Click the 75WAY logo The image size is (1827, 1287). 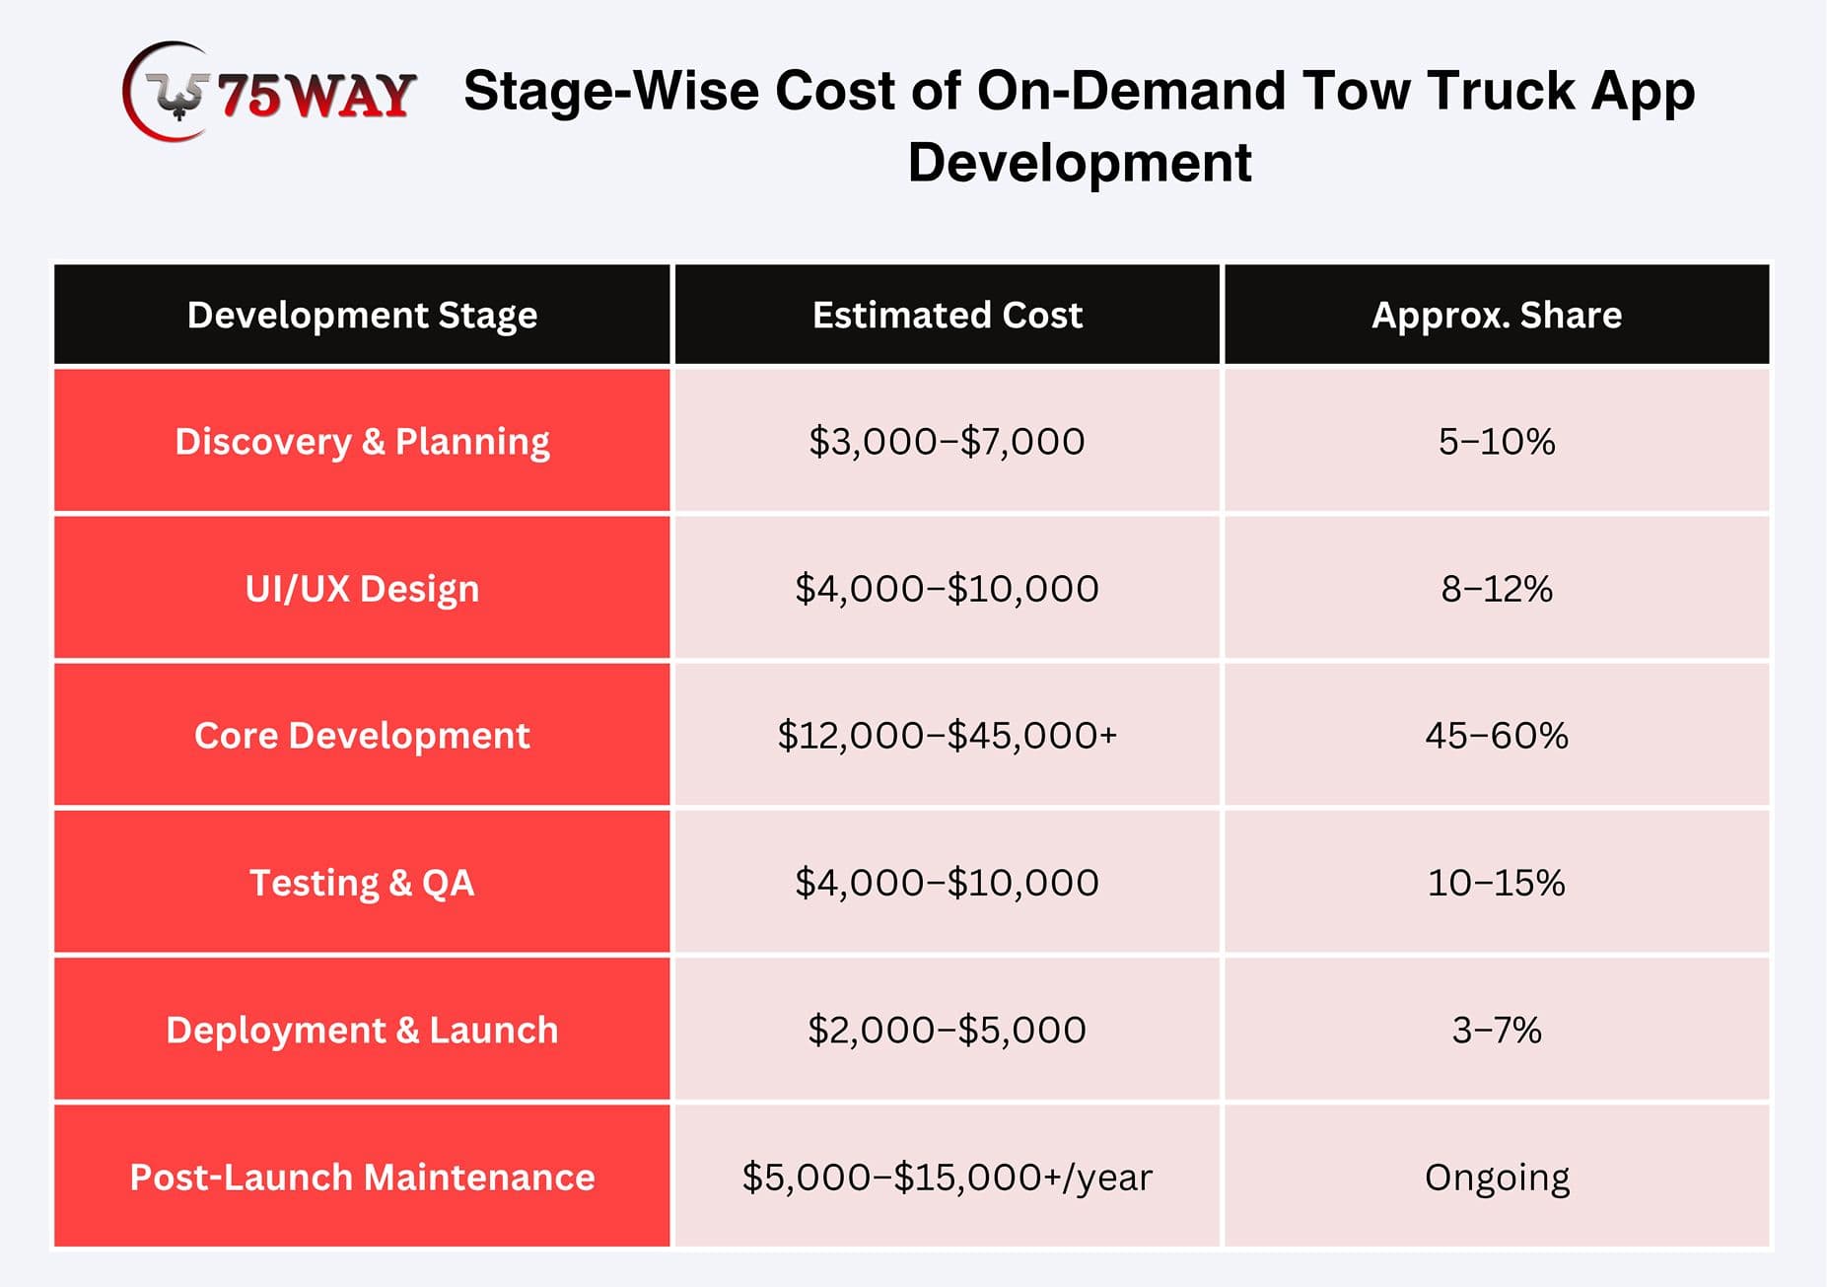pos(268,92)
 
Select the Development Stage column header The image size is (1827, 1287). pos(362,315)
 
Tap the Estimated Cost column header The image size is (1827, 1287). pos(947,315)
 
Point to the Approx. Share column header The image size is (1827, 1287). pos(1497,315)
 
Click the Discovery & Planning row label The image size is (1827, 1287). pos(362,441)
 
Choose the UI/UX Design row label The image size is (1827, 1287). pos(362,588)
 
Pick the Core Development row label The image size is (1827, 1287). pos(362,735)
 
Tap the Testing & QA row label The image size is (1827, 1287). pos(362,882)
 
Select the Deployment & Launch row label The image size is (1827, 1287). pos(362,1029)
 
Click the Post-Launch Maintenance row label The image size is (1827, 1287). pos(362,1176)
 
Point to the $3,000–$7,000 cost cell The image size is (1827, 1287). pos(947,441)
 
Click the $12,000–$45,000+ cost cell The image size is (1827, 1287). pos(947,735)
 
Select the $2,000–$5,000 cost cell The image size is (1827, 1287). pos(947,1029)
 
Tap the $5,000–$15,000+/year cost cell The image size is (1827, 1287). pos(947,1176)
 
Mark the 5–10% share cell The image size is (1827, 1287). pos(1497,441)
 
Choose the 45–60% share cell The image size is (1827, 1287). pos(1497,735)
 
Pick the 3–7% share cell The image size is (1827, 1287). pos(1497,1029)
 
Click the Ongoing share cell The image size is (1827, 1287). pos(1497,1176)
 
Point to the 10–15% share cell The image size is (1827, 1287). pos(1497,882)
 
